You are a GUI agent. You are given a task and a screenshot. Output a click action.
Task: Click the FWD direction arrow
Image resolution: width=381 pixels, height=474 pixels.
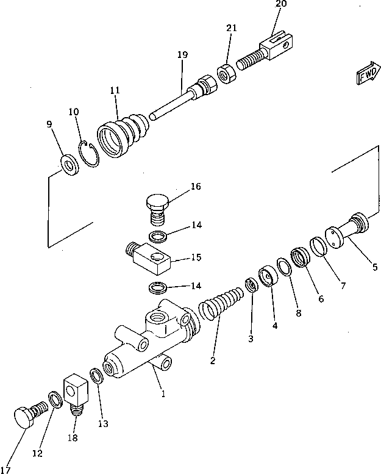click(x=365, y=73)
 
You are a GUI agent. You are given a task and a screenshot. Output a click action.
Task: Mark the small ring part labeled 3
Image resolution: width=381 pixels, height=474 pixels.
click(x=250, y=284)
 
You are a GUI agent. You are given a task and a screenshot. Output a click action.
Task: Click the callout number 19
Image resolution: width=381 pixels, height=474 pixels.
click(x=182, y=55)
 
